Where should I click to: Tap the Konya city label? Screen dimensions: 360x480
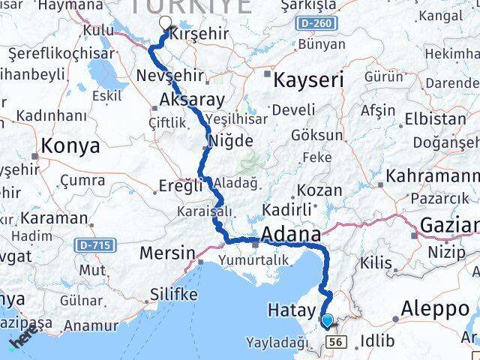click(x=70, y=146)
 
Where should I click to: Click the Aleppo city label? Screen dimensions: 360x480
click(x=435, y=308)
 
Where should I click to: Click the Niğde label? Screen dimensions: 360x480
click(x=229, y=140)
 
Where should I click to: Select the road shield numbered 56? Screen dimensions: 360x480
click(x=335, y=342)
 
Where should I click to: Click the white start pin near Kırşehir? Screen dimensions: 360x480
click(x=165, y=23)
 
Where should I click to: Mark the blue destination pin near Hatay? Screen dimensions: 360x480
click(x=326, y=321)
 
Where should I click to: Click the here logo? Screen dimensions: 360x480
click(x=20, y=341)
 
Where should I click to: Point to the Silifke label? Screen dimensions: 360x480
click(x=173, y=294)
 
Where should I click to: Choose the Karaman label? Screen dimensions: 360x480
click(x=54, y=218)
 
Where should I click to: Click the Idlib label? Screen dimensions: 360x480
click(x=376, y=340)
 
